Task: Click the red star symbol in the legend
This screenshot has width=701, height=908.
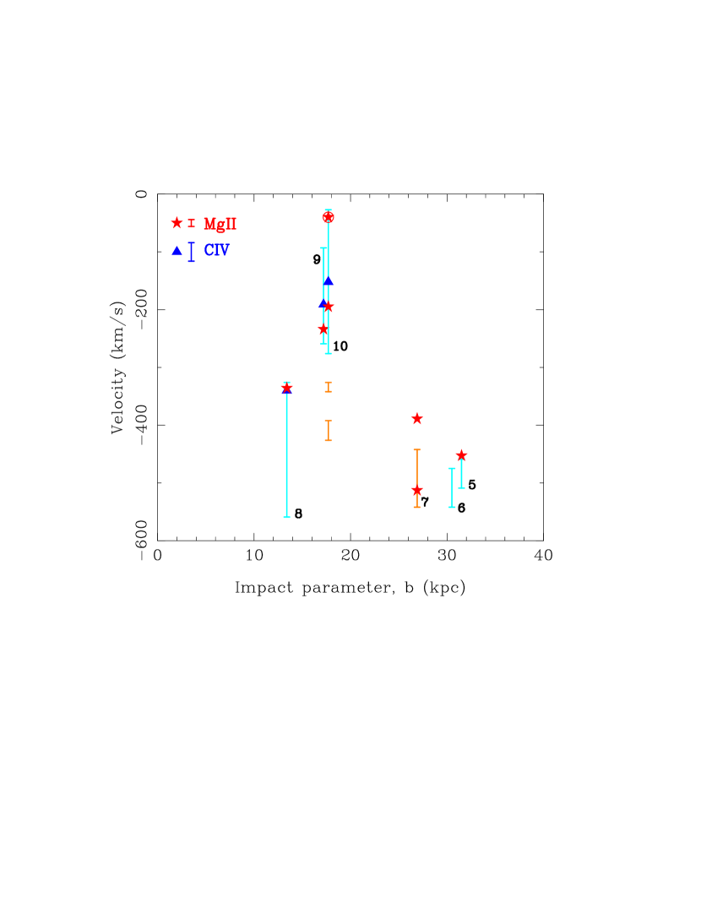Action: [177, 223]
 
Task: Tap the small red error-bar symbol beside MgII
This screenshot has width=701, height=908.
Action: [191, 223]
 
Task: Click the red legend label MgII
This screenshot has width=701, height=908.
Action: [220, 224]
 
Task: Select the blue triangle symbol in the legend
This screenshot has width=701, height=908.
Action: [177, 251]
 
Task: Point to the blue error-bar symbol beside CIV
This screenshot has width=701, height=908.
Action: [191, 252]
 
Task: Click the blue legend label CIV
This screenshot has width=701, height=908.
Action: [216, 251]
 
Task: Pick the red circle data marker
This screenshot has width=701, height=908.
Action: [328, 217]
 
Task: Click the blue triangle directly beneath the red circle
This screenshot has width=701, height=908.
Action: [328, 280]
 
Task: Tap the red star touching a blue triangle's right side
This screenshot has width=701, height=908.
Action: [329, 306]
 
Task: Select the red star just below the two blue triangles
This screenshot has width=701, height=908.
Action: [323, 329]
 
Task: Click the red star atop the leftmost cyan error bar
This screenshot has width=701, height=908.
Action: [286, 389]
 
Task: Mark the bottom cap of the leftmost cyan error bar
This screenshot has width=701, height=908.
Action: [286, 517]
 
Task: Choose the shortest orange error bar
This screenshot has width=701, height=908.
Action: [328, 387]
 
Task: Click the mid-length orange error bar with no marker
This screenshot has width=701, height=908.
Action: [328, 431]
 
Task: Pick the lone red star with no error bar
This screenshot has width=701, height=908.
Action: [416, 418]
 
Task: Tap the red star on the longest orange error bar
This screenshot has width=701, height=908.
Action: [416, 490]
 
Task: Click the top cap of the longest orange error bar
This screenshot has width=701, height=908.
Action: [416, 449]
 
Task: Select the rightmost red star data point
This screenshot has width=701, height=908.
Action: [461, 455]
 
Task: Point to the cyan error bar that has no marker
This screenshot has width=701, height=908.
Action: [452, 487]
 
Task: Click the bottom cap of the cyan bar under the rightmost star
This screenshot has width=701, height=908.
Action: [461, 487]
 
